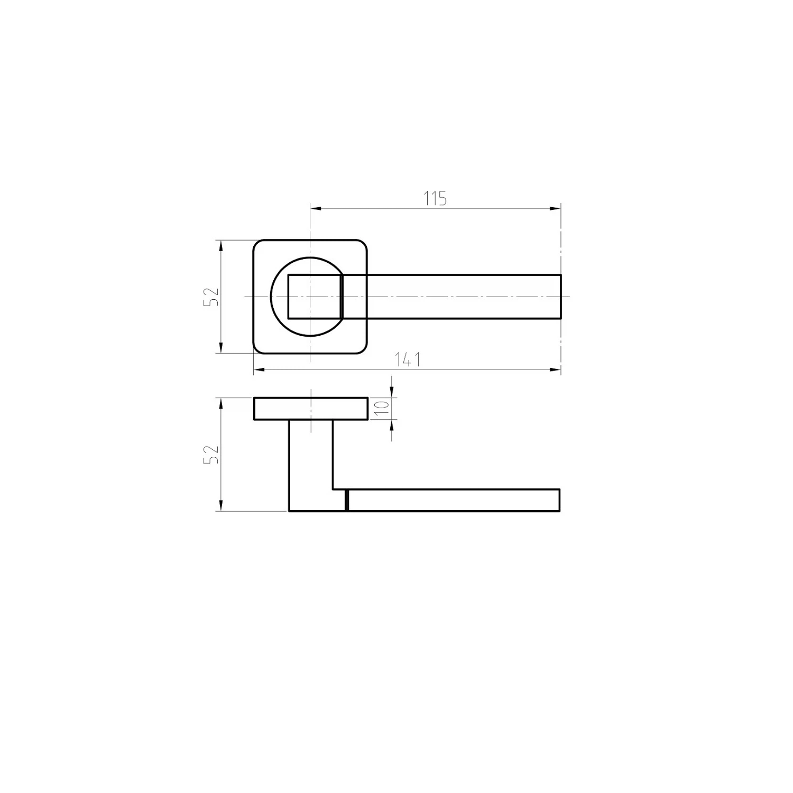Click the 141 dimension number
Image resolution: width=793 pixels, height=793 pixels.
pyautogui.click(x=408, y=359)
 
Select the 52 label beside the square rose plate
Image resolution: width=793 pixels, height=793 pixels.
pyautogui.click(x=211, y=297)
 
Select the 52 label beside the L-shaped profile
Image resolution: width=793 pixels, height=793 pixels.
pyautogui.click(x=211, y=454)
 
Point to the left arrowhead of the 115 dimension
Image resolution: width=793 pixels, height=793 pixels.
pyautogui.click(x=316, y=208)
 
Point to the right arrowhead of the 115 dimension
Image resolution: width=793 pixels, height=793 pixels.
pyautogui.click(x=555, y=208)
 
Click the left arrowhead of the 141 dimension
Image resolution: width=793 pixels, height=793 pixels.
pyautogui.click(x=259, y=370)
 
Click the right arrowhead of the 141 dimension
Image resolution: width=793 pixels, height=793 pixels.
pyautogui.click(x=555, y=370)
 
